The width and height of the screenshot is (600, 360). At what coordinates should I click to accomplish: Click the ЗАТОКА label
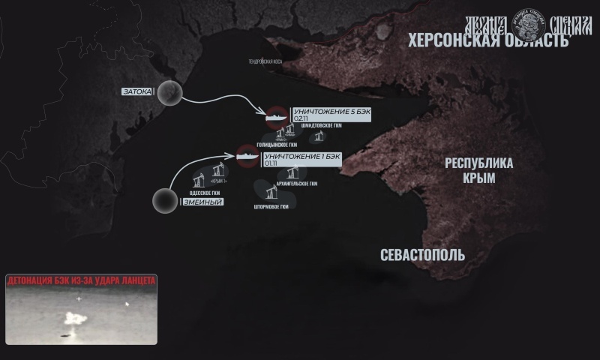click(137, 91)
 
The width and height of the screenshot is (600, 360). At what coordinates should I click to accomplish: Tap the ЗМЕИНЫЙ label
click(202, 202)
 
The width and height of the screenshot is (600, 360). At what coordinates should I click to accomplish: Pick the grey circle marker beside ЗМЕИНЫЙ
click(164, 201)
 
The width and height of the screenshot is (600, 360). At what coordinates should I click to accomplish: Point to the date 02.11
click(301, 119)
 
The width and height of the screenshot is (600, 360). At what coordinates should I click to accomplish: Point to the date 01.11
click(271, 163)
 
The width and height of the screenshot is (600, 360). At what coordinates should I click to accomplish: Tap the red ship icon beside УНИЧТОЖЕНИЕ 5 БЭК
click(276, 117)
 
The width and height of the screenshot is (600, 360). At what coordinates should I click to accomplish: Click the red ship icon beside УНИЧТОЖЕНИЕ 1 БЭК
click(247, 155)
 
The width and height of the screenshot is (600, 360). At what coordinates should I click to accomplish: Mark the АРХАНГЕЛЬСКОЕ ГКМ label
click(297, 184)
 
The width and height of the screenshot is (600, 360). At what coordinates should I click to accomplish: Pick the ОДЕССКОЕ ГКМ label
click(205, 192)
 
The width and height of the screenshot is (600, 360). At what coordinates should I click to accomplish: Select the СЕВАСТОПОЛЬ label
click(422, 254)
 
